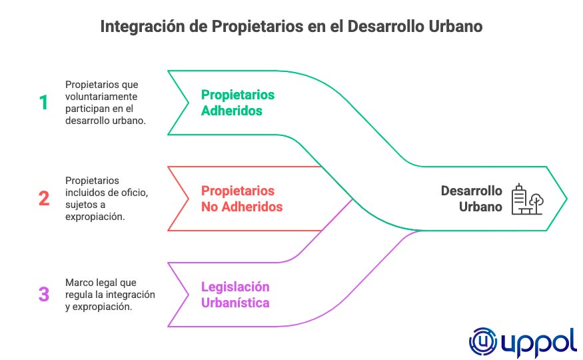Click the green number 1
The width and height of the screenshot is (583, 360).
coord(44,102)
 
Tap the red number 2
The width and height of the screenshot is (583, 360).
coord(44,198)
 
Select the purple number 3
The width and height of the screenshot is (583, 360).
coord(44,294)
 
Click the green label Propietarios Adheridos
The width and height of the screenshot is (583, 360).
coord(238,103)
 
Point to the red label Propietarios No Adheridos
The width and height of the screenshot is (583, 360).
coord(242,199)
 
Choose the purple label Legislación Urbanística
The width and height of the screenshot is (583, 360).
coord(235,295)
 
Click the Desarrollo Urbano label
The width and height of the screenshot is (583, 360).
coord(472,199)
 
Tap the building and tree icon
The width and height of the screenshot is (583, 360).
coord(527,199)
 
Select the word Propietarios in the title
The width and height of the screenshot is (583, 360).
coord(257,27)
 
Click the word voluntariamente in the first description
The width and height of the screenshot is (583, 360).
coord(101,97)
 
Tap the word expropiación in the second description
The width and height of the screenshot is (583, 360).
coord(95,217)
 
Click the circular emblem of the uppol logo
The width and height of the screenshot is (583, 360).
coord(483,341)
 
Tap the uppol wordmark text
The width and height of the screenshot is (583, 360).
coord(539,343)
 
